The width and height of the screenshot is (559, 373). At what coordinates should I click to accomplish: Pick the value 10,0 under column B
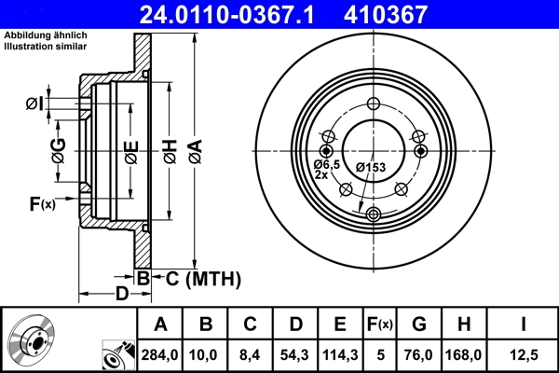tap(206, 355)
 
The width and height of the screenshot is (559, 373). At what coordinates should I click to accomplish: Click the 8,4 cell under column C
tap(251, 355)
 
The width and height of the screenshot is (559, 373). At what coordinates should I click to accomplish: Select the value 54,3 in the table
tap(295, 355)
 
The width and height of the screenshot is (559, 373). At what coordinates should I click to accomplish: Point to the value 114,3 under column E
tap(340, 355)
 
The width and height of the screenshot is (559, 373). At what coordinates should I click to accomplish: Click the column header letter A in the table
tap(161, 325)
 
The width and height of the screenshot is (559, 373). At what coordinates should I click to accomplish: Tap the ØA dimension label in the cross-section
tap(194, 148)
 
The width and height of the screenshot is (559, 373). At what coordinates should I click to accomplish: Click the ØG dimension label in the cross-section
tap(58, 148)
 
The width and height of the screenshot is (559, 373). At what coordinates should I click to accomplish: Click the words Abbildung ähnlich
tap(41, 35)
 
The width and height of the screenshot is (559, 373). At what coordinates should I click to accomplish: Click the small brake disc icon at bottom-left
tap(32, 340)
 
